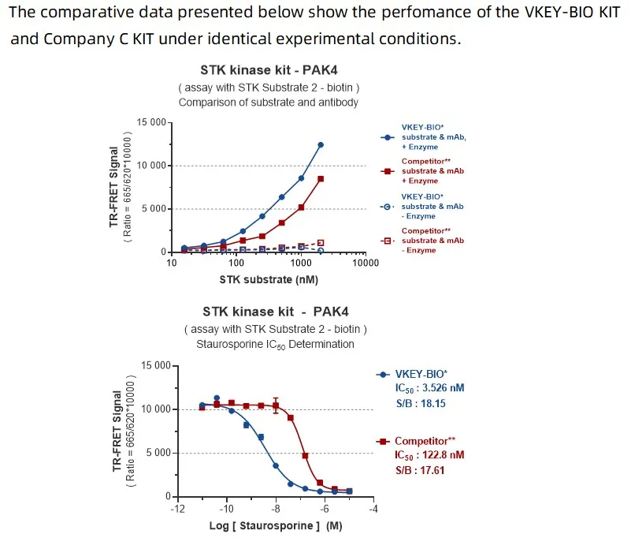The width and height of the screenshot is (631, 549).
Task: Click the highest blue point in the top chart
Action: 321,144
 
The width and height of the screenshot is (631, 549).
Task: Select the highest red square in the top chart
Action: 321,179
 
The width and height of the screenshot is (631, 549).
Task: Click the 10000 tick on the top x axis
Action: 365,263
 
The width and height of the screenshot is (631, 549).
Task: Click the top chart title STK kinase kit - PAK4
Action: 269,69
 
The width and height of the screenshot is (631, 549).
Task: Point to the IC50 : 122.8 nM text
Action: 429,455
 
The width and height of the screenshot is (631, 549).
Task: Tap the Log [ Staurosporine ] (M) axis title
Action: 275,525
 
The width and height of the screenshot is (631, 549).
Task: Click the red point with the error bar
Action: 276,406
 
